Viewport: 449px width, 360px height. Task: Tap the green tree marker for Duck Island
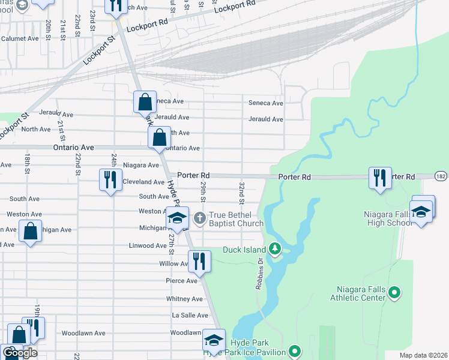tap(274, 248)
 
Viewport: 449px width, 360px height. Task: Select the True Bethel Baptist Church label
tap(236, 219)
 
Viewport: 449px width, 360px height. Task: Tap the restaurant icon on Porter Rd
tap(380, 178)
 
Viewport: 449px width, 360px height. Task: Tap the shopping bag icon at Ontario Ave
tap(159, 137)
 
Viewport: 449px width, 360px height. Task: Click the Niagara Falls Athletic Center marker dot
tap(394, 293)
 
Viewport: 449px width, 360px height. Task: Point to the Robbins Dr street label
tap(260, 273)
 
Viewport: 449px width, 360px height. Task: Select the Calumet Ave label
tap(20, 38)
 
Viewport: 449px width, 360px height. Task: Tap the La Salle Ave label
tap(190, 315)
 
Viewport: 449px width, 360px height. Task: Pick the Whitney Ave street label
tap(184, 299)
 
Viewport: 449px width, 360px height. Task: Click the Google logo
tap(20, 353)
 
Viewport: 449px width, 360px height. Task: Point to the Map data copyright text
tap(423, 355)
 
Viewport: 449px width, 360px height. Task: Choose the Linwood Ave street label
tap(148, 245)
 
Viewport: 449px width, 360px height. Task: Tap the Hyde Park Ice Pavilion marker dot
tap(294, 350)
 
